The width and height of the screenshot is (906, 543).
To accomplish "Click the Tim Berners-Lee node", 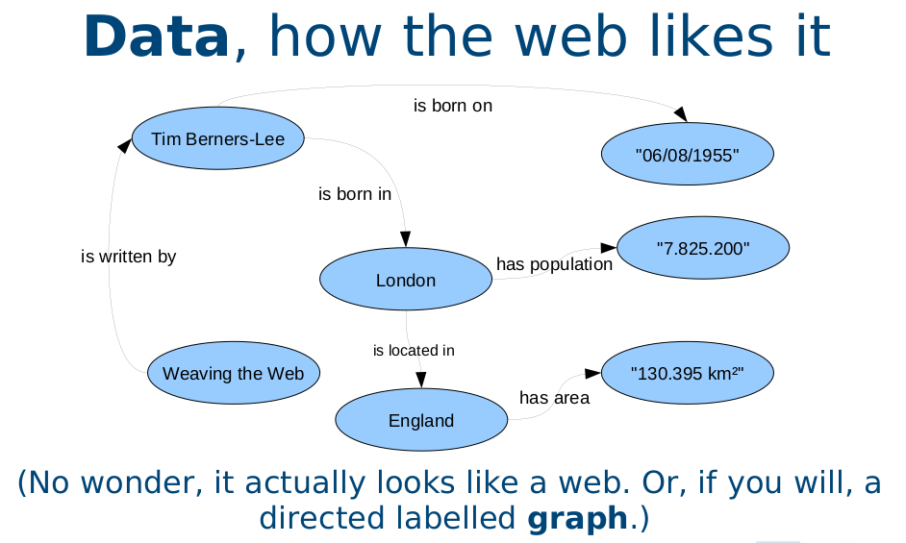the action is click(x=217, y=138).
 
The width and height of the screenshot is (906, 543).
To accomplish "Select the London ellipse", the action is click(x=406, y=279).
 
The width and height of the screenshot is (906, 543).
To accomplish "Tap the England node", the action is click(x=421, y=419).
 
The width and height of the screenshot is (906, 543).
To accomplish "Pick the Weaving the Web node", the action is click(x=234, y=373).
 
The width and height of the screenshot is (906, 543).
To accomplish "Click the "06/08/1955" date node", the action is click(x=688, y=154).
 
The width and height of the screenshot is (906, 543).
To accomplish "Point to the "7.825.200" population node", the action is click(x=703, y=248).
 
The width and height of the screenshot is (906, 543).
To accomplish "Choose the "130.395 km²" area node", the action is click(x=688, y=373).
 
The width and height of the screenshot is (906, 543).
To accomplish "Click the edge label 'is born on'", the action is click(x=453, y=106).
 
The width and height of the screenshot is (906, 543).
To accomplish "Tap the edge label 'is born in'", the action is click(x=355, y=194).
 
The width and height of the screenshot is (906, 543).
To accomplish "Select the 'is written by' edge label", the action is click(x=128, y=257).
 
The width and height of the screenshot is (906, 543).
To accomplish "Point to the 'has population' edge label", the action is click(x=554, y=264).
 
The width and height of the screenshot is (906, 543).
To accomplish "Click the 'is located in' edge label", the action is click(x=414, y=351).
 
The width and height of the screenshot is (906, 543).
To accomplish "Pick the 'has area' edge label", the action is click(x=554, y=398).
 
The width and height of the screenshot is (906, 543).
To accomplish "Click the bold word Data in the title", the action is click(x=157, y=37).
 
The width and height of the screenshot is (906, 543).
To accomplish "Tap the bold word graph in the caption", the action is click(x=577, y=518).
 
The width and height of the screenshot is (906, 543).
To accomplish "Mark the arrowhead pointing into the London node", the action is click(x=406, y=239).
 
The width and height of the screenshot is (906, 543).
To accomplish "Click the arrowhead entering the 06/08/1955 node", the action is click(x=681, y=113).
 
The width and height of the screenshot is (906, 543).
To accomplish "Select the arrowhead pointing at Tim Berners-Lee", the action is click(x=124, y=145).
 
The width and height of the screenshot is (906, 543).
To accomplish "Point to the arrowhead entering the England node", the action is click(x=421, y=380).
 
